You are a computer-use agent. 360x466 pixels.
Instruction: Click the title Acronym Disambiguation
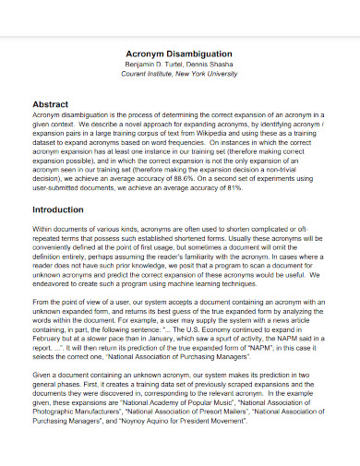coord(179,54)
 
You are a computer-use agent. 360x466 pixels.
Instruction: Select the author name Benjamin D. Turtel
coord(152,66)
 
